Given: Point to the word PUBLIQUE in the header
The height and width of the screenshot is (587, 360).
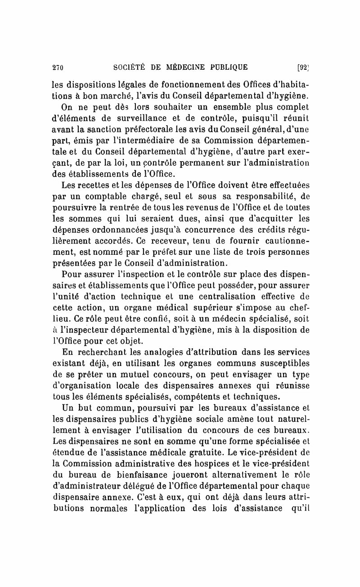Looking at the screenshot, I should (x=227, y=68).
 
